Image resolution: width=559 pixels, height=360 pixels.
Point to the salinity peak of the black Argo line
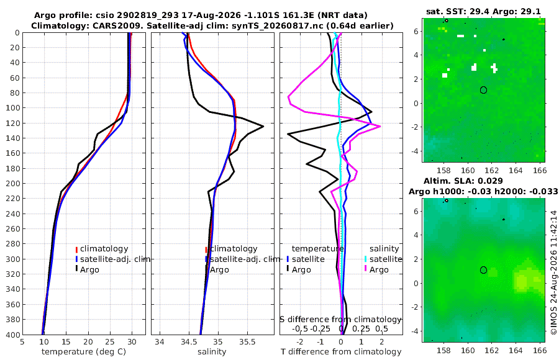click(263, 126)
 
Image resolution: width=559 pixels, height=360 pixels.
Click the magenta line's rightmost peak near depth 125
click(380, 126)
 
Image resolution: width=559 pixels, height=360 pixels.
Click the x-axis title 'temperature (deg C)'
click(84, 352)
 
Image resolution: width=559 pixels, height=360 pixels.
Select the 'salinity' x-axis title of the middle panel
click(212, 352)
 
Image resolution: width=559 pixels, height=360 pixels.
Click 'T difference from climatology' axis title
click(341, 352)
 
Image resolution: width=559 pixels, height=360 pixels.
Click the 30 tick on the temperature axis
click(132, 342)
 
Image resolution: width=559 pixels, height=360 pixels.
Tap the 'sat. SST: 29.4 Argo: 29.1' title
click(483, 11)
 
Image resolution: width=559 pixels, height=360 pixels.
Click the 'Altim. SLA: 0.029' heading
click(463, 181)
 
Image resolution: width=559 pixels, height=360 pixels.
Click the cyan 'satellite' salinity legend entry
click(384, 259)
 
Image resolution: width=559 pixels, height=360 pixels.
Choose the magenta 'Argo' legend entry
click(376, 269)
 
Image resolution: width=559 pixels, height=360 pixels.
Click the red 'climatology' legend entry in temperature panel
click(102, 249)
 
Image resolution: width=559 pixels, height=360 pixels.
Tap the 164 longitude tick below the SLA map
click(516, 350)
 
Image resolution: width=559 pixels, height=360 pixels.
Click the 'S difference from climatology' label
click(340, 319)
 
